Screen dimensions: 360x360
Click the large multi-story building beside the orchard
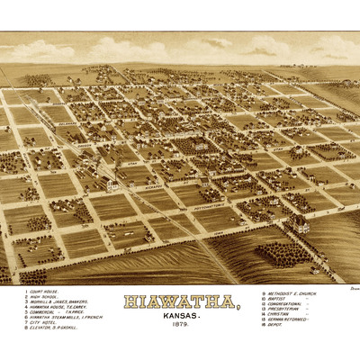coord(300,224)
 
